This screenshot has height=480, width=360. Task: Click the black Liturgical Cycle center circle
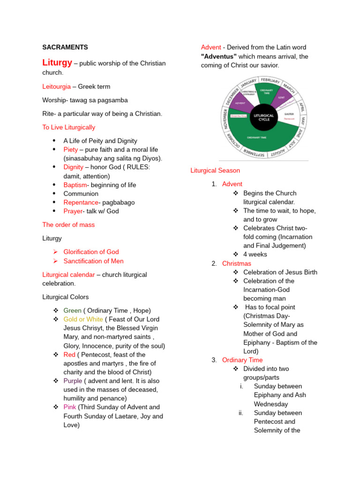[263, 117]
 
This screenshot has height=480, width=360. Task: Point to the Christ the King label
[239, 116]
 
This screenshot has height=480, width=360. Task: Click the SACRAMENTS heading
[65, 47]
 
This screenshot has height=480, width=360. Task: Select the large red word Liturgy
[57, 63]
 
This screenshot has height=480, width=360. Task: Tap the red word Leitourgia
[57, 87]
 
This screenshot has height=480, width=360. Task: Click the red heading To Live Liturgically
[68, 127]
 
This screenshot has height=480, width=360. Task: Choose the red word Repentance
[81, 202]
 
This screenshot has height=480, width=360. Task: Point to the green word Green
[72, 310]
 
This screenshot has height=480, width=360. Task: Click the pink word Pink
[70, 407]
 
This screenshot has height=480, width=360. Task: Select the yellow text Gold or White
[83, 319]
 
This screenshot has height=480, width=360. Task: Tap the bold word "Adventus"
[219, 56]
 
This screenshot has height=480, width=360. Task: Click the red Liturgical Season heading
[215, 171]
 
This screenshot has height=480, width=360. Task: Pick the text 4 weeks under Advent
[255, 255]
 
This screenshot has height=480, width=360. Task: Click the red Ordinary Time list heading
[242, 360]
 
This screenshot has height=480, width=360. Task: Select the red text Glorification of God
[91, 252]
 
